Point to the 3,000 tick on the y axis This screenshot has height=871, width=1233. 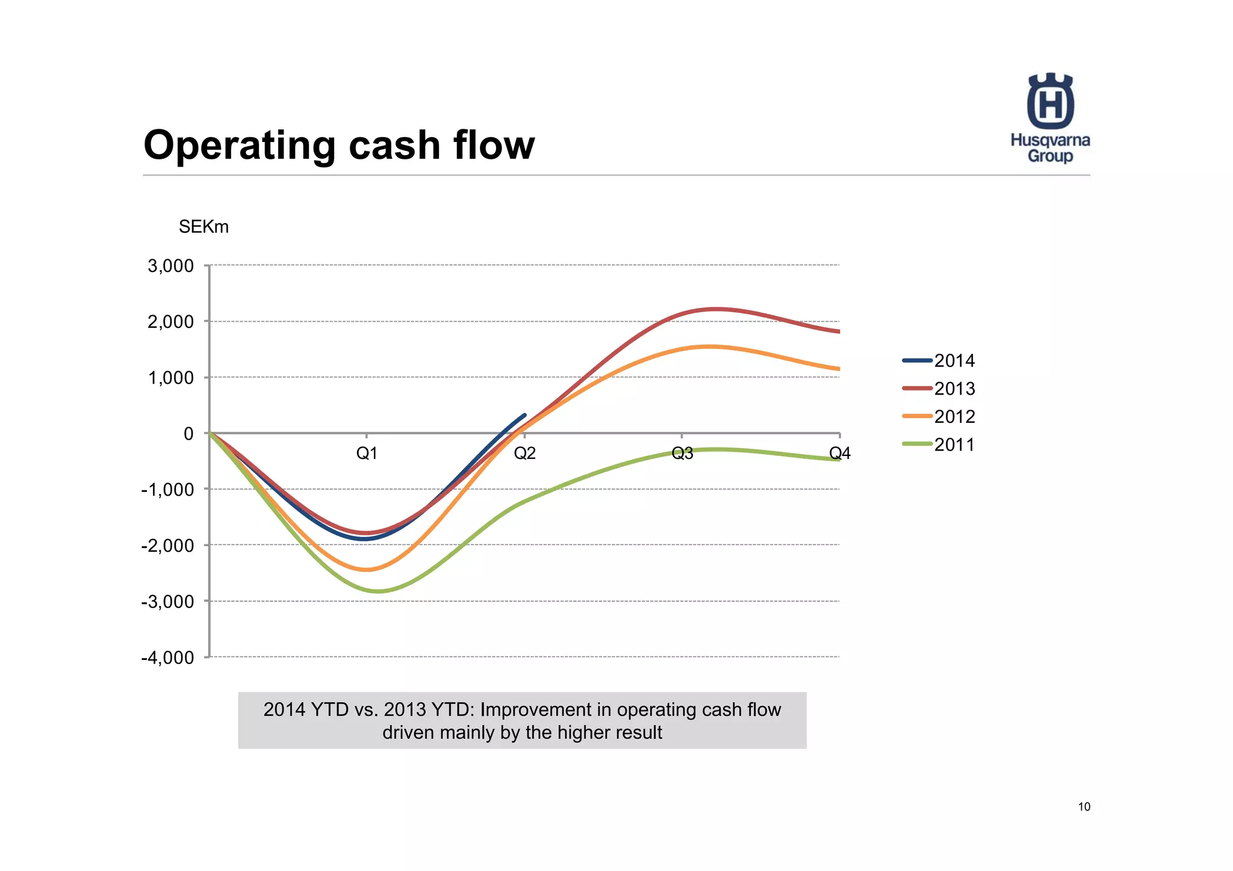click(x=171, y=266)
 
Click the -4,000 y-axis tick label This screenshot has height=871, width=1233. click(x=168, y=657)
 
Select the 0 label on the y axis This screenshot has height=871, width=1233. click(x=188, y=434)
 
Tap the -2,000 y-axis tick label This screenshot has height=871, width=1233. click(x=168, y=546)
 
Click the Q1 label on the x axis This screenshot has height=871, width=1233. click(x=367, y=454)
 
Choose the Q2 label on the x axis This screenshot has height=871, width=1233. click(x=524, y=454)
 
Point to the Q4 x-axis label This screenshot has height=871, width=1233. click(x=840, y=454)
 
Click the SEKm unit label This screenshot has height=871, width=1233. click(x=203, y=227)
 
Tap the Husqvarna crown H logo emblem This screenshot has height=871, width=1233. click(x=1051, y=101)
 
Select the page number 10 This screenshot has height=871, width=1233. click(x=1084, y=807)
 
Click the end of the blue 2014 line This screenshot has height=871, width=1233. click(x=525, y=415)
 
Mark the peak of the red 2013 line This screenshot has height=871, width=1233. click(x=716, y=309)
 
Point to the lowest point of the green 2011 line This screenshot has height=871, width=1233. click(x=377, y=591)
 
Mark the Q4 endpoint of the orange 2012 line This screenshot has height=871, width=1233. click(x=838, y=369)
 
